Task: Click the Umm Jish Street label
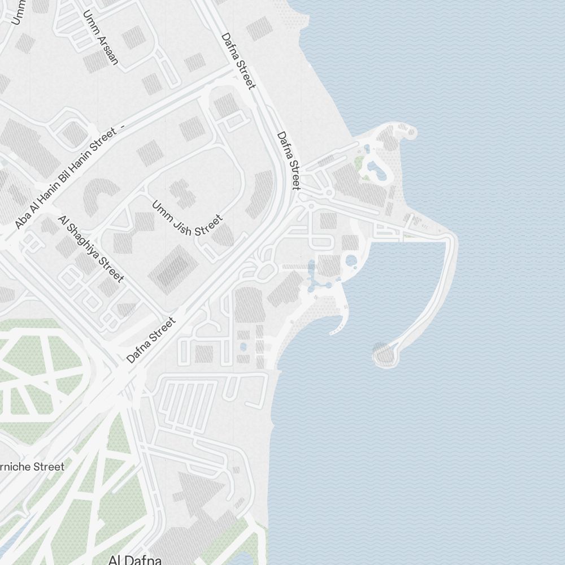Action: [187, 219]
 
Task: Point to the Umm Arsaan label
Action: [100, 37]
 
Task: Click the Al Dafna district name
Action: [135, 560]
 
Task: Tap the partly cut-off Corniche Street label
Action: [32, 467]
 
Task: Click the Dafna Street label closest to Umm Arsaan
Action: [238, 60]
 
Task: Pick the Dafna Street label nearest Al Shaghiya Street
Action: [151, 340]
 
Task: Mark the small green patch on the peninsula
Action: [359, 162]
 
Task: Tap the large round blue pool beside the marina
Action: [350, 261]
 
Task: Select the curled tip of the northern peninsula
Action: [408, 133]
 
